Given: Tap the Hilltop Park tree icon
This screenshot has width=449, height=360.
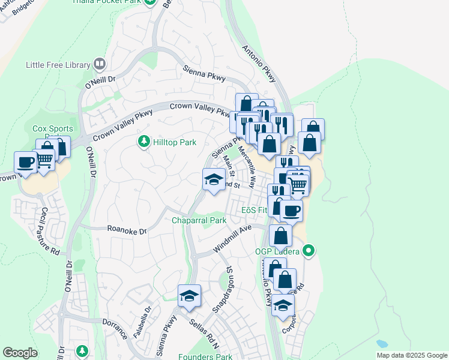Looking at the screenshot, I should [143, 142].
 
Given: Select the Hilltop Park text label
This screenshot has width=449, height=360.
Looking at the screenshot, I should [174, 143].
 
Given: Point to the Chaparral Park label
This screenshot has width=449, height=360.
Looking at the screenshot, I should [199, 220].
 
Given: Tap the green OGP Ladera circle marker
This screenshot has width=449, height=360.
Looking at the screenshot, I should [309, 250].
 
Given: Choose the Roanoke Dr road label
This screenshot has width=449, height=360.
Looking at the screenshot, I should [127, 229].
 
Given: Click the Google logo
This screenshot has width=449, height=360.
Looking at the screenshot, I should [20, 353].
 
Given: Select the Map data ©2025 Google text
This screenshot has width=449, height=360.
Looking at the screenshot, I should [411, 355].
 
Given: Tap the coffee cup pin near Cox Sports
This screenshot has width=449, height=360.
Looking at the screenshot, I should [26, 162].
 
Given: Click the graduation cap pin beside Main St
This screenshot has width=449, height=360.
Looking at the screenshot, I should [213, 179].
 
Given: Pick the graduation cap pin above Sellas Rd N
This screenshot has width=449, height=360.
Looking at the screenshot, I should [189, 296].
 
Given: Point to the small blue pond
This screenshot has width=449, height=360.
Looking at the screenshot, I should [382, 344].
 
